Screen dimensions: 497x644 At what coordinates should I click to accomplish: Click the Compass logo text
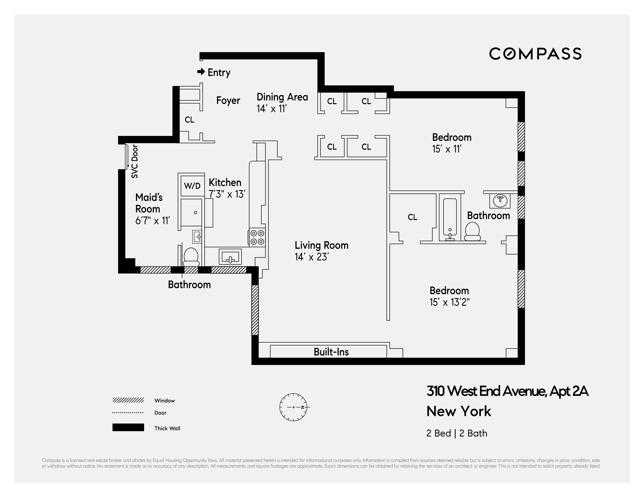click(535, 54)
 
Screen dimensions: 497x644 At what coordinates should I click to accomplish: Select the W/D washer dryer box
click(192, 186)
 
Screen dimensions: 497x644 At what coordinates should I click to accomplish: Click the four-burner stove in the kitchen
click(257, 237)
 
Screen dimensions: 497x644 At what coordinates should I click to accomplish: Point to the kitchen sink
click(230, 257)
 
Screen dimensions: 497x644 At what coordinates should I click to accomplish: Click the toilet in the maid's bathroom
click(191, 256)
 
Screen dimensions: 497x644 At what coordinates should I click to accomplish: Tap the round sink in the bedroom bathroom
click(500, 200)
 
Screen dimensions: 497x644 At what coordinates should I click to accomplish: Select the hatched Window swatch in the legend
click(128, 400)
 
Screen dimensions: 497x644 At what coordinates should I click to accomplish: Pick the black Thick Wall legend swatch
click(128, 427)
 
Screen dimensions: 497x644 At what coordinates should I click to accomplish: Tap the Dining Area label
click(282, 97)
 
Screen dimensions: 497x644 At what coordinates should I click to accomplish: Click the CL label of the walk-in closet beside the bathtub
click(412, 217)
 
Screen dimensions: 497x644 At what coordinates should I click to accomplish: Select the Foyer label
click(228, 100)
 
